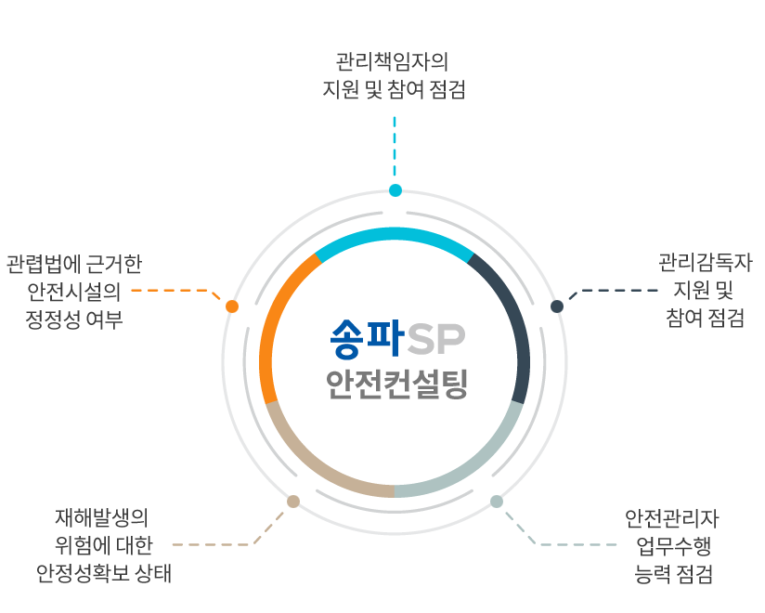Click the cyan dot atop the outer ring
point(395,190)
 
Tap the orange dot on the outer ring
point(232,306)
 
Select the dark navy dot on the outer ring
point(557,306)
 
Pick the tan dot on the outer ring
point(293,502)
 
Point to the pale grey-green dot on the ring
point(497,502)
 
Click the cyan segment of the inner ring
point(395,234)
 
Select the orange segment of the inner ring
point(272,322)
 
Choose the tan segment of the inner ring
point(312,463)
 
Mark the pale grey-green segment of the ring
point(477,463)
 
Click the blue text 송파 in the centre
point(367,339)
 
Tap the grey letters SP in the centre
point(436,340)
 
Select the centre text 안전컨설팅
point(397,385)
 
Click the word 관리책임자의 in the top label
point(392,62)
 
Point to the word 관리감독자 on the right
point(706,263)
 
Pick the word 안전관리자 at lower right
point(672,519)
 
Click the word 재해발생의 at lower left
point(101,517)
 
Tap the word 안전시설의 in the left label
point(74,292)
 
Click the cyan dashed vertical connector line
point(395,147)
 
